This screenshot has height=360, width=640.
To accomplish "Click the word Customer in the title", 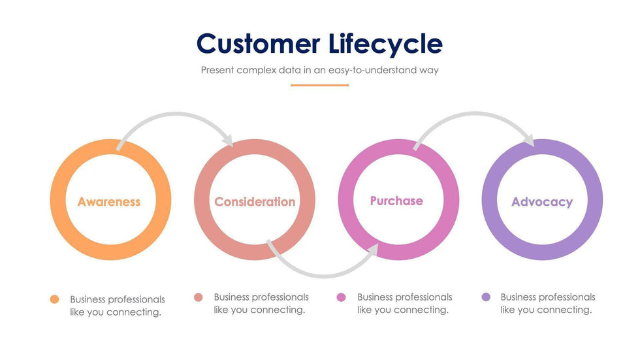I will point(258,44).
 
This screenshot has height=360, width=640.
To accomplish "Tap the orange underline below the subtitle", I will point(319,85).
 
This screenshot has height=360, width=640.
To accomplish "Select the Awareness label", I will point(109,202).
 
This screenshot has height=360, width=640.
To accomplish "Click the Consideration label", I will point(255,202).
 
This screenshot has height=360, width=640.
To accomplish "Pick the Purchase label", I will point(396,201).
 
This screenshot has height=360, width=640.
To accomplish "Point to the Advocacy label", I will point(542,202).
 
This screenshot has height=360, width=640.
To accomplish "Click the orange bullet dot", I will point(55,299).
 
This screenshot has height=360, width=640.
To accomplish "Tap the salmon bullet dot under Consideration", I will point(199,297).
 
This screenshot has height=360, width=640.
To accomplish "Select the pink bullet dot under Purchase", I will point(341,297).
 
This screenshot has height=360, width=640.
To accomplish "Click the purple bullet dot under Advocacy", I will point(486,297).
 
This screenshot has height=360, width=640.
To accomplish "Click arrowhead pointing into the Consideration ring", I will point(228,140).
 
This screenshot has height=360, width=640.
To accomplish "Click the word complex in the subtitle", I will point(256,70).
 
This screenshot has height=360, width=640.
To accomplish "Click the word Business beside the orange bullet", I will point(88,299).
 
